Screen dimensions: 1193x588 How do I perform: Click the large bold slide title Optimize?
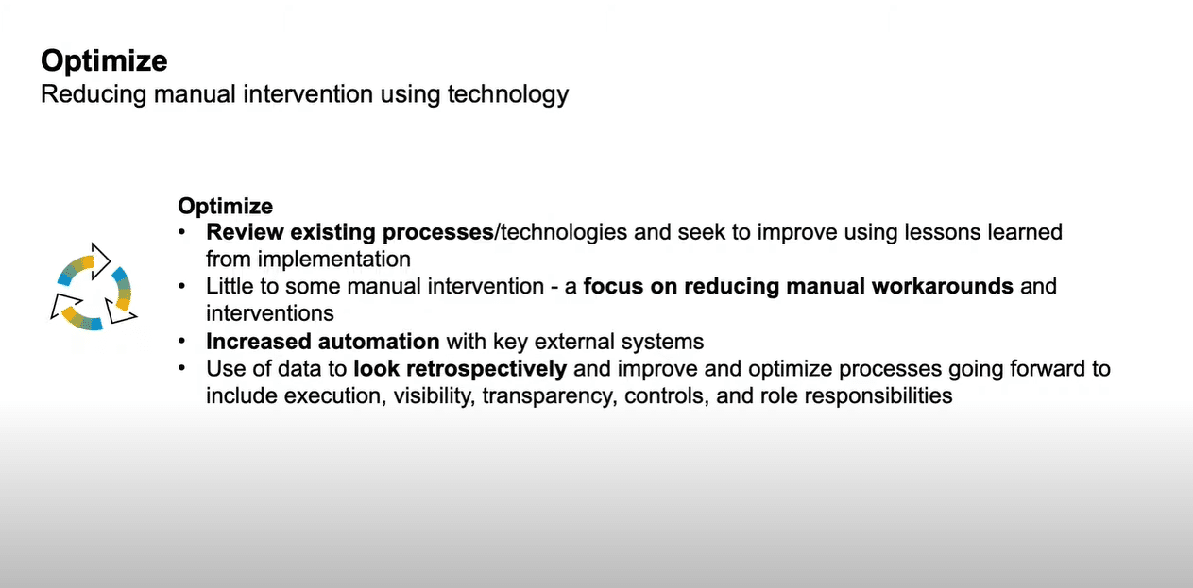pyautogui.click(x=105, y=61)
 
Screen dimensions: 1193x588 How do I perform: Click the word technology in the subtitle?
pyautogui.click(x=508, y=95)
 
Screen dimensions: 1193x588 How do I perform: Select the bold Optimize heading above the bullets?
pyautogui.click(x=226, y=207)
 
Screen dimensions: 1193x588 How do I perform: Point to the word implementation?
pyautogui.click(x=334, y=260)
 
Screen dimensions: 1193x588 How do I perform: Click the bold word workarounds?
pyautogui.click(x=942, y=286)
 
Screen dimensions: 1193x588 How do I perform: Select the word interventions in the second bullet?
pyautogui.click(x=270, y=313)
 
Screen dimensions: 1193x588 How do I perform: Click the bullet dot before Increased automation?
pyautogui.click(x=182, y=341)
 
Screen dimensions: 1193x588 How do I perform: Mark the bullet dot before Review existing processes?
pyautogui.click(x=182, y=231)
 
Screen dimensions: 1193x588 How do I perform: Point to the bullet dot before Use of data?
pyautogui.click(x=182, y=368)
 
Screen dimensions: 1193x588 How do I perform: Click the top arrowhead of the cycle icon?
pyautogui.click(x=101, y=260)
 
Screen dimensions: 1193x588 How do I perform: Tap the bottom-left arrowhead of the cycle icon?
pyautogui.click(x=64, y=306)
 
